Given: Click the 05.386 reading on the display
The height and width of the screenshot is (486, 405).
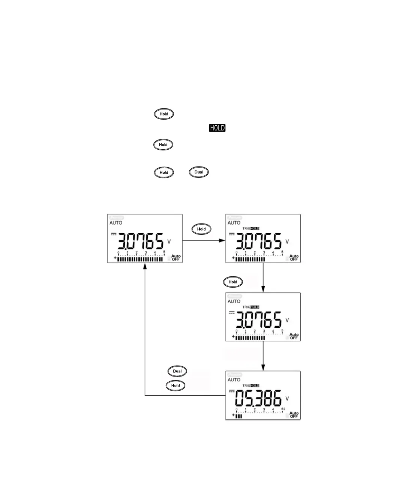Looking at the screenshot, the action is coord(258,398).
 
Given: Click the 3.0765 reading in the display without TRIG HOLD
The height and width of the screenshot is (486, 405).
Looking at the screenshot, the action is coord(141,241).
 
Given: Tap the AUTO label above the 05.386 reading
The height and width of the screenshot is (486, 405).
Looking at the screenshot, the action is coord(234,380).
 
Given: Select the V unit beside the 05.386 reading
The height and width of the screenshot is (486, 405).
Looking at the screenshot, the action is coord(287,399).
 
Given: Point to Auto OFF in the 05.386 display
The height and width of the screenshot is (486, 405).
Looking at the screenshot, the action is coord(294,415).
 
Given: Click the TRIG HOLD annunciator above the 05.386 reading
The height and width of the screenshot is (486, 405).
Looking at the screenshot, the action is coord(251,385).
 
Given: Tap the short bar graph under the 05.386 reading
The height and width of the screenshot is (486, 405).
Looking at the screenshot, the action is coord(239,416).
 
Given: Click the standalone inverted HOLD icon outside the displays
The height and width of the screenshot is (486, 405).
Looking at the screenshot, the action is coord(217,128).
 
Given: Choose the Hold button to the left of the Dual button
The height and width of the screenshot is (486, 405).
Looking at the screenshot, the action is coord(164,172).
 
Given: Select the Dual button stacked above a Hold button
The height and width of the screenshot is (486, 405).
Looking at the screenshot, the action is coord(177,371).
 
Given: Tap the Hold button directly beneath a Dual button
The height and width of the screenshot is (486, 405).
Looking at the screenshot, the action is coord(175,385).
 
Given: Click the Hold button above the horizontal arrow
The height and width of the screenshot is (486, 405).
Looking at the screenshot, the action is coord(201,229).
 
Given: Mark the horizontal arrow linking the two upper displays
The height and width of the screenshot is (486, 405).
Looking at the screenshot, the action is coord(204,240).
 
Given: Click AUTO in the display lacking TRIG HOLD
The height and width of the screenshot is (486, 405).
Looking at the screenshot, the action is coord(116,223).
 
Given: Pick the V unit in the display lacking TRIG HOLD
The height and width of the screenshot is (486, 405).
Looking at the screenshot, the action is coord(169,242).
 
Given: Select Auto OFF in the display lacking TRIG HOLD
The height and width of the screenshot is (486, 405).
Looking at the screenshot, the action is coord(176,258).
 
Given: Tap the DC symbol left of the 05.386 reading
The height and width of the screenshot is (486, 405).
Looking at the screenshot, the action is coord(232,391).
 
